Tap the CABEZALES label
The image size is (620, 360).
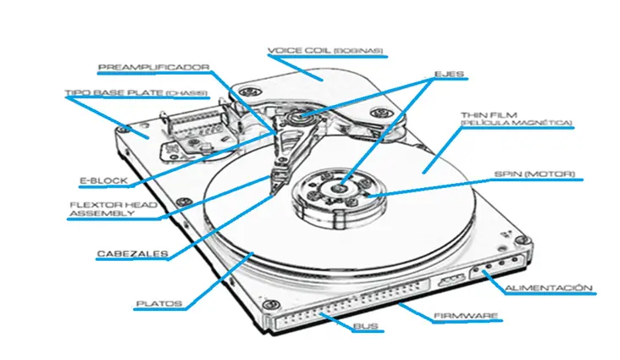(x=131, y=253)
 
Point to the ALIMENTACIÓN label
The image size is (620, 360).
(x=548, y=289)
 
